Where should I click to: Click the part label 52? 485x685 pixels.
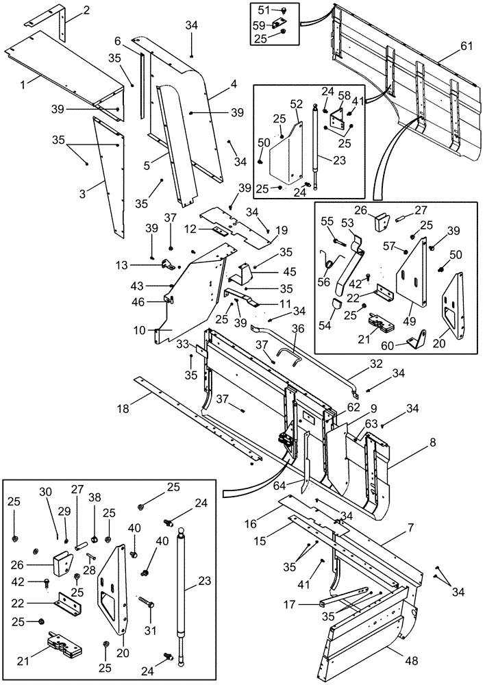pyautogui.click(x=296, y=104)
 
